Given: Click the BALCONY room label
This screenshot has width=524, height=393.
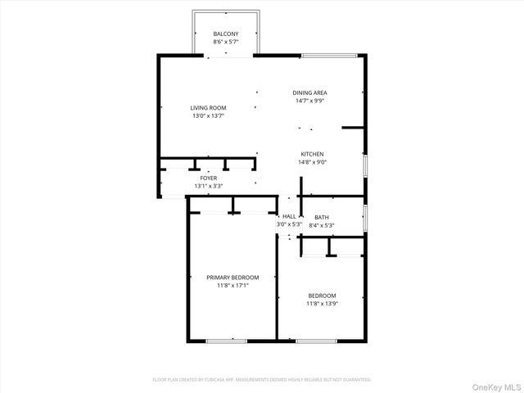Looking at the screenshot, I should pyautogui.click(x=226, y=34).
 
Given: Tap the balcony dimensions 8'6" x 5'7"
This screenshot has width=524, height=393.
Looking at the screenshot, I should pyautogui.click(x=226, y=42).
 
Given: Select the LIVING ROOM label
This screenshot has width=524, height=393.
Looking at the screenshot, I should pyautogui.click(x=208, y=108).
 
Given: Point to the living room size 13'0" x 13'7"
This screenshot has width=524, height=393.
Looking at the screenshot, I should pyautogui.click(x=208, y=116).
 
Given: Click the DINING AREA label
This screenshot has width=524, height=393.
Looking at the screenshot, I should pyautogui.click(x=310, y=93).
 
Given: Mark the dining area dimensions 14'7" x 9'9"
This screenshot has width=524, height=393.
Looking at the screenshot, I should pyautogui.click(x=310, y=101).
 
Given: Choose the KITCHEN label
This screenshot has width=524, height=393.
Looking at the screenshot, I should pyautogui.click(x=312, y=154).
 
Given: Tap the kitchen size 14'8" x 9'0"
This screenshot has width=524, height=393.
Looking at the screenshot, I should pyautogui.click(x=312, y=162).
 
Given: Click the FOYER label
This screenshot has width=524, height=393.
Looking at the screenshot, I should pyautogui.click(x=209, y=178).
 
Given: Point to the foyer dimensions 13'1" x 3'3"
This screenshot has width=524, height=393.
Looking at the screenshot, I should pyautogui.click(x=209, y=186).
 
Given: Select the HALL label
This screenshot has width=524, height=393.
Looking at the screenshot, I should pyautogui.click(x=289, y=216).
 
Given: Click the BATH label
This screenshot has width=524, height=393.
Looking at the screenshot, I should pyautogui.click(x=321, y=217).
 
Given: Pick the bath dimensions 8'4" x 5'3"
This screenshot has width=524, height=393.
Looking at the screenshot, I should pyautogui.click(x=321, y=224).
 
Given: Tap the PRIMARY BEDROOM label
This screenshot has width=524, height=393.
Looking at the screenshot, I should pyautogui.click(x=233, y=278).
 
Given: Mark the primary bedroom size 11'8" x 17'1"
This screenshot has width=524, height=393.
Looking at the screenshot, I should pyautogui.click(x=233, y=286).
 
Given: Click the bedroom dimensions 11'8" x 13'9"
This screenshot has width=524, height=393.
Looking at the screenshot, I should pyautogui.click(x=322, y=304).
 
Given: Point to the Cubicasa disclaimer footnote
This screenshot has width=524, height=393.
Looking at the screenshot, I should pyautogui.click(x=262, y=380).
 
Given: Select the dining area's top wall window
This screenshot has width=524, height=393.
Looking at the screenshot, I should pyautogui.click(x=329, y=56).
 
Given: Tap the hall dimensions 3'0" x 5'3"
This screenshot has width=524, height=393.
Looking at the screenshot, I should pyautogui.click(x=289, y=224).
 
